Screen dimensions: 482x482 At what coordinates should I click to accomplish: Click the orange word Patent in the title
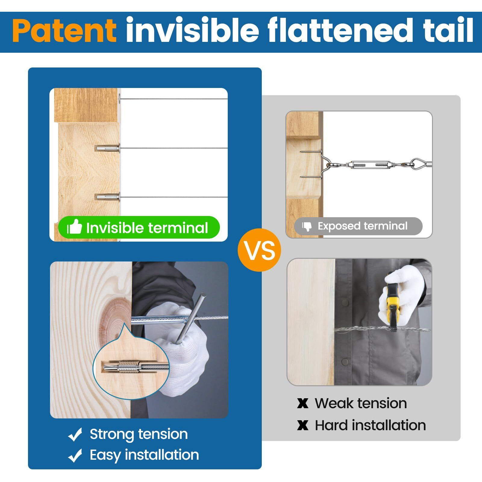coord(64,31)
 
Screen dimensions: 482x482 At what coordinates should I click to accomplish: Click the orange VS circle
coord(259,250)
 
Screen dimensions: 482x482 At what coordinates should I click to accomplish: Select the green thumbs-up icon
coord(74,227)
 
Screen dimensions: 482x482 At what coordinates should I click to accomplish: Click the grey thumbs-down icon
coord(307,226)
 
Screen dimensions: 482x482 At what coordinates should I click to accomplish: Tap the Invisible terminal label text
coord(147,228)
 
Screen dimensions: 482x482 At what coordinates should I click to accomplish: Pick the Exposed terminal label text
coord(362,226)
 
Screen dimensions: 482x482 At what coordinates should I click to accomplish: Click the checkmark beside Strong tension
coord(75,434)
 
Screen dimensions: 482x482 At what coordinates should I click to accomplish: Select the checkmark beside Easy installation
coord(75,455)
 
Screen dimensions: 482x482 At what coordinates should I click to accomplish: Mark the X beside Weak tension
coord(303,403)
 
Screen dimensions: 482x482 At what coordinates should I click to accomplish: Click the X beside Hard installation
coord(303,425)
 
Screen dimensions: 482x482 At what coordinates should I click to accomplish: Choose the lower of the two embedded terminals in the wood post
coord(108,197)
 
